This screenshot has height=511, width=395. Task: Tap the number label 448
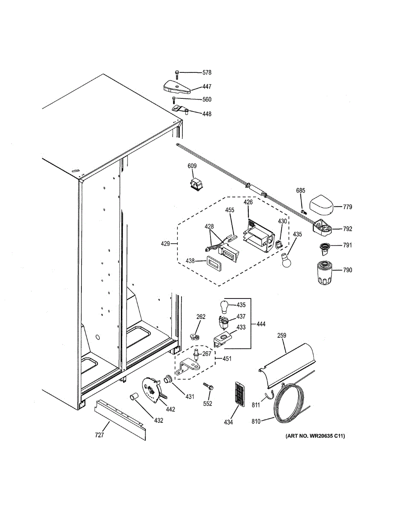pos(207,114)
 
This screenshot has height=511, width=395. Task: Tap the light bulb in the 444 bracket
pos(225,305)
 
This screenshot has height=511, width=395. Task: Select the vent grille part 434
pos(240,393)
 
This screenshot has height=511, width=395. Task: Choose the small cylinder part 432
pos(135,398)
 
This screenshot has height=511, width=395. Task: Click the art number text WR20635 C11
pos(315,436)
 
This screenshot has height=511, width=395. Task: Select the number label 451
pos(227,359)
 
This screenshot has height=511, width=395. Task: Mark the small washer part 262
pos(196,336)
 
